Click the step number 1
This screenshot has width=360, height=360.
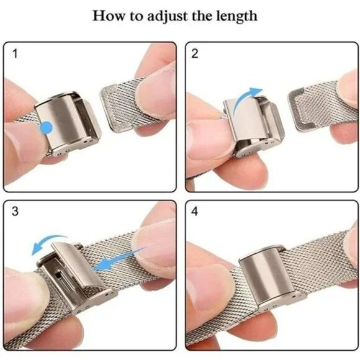[15, 54]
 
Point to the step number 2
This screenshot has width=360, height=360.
[194, 53]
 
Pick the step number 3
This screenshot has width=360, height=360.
[15, 211]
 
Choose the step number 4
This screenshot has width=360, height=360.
[194, 211]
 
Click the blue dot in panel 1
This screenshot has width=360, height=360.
[47, 127]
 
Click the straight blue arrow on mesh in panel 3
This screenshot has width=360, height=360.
[119, 259]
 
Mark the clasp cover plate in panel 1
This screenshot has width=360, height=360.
[60, 122]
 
